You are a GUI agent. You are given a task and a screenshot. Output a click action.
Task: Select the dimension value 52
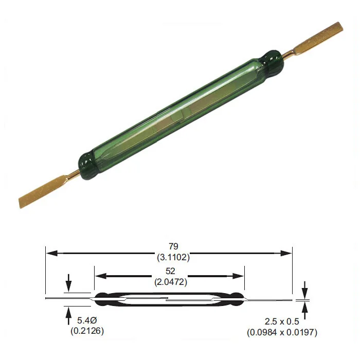click(170, 270)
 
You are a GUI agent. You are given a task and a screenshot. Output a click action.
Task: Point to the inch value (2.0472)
click(170, 282)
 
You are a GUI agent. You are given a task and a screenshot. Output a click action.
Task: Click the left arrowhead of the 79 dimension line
click(50, 253)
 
